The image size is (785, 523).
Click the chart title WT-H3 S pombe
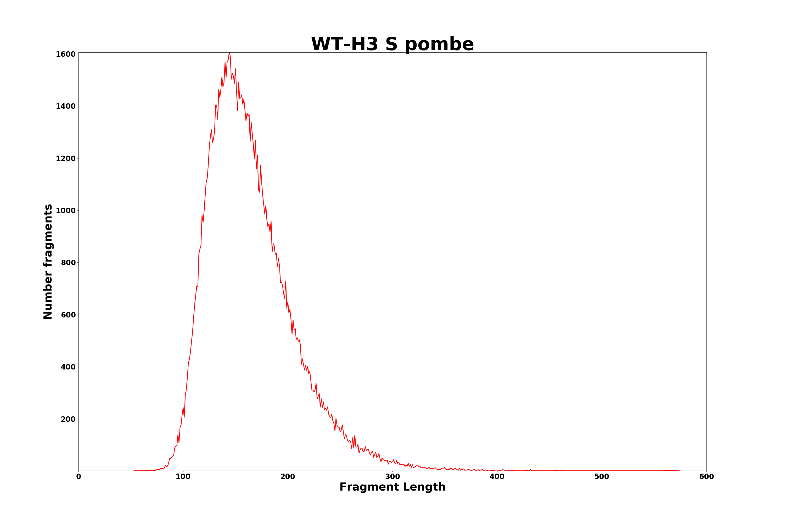pyautogui.click(x=392, y=44)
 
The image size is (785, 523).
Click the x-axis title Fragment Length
pyautogui.click(x=392, y=487)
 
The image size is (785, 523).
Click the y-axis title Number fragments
pyautogui.click(x=48, y=261)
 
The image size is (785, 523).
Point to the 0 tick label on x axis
pyautogui.click(x=79, y=477)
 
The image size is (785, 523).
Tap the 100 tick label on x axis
pyautogui.click(x=183, y=477)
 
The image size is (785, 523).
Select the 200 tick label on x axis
pyautogui.click(x=288, y=477)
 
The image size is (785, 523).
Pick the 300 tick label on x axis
pyautogui.click(x=392, y=477)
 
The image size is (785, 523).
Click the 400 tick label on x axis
pyautogui.click(x=497, y=477)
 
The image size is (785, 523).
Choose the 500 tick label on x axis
pyautogui.click(x=602, y=477)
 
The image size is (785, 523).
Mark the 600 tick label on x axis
pyautogui.click(x=706, y=477)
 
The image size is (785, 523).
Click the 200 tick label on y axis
pyautogui.click(x=68, y=419)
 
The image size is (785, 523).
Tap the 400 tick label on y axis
pyautogui.click(x=68, y=367)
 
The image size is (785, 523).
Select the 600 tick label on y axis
pyautogui.click(x=68, y=315)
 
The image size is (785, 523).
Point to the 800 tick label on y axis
pyautogui.click(x=68, y=263)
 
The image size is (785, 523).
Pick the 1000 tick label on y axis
pyautogui.click(x=66, y=211)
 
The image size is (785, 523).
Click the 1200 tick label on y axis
pyautogui.click(x=66, y=158)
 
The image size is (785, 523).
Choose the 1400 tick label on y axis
pyautogui.click(x=66, y=106)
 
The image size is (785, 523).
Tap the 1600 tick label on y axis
pyautogui.click(x=66, y=54)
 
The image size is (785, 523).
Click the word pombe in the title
pyautogui.click(x=440, y=45)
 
